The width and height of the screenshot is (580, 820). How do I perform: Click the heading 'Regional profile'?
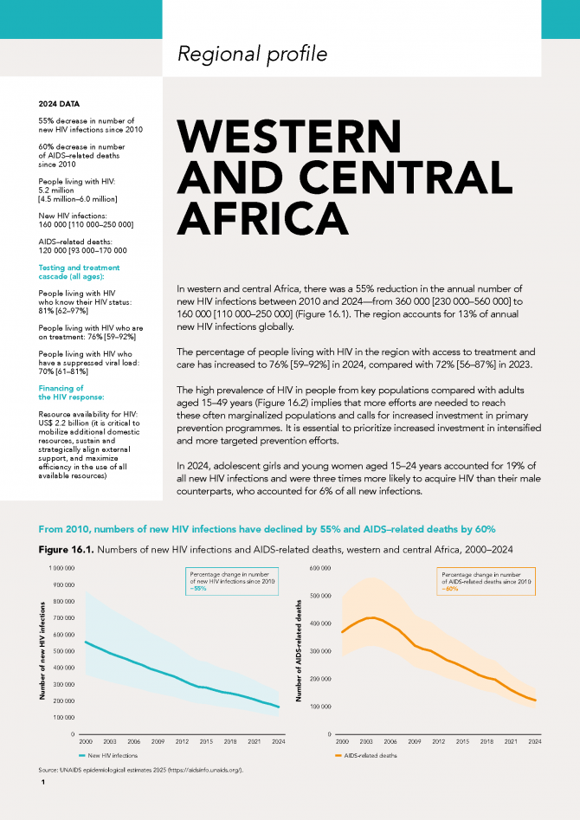[x=252, y=54]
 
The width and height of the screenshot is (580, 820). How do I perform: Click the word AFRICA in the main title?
[x=262, y=218]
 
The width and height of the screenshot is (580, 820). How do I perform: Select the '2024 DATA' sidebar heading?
[x=59, y=104]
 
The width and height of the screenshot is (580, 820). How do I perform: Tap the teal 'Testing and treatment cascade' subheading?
[x=79, y=272]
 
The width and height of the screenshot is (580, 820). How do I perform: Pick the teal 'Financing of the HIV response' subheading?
[x=71, y=392]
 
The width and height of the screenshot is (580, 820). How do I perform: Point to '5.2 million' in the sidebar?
[x=56, y=190]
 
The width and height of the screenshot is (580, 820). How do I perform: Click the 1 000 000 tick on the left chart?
[x=62, y=568]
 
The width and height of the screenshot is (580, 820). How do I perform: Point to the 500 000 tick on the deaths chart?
[x=322, y=596]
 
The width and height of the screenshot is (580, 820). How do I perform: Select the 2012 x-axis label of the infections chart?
[x=182, y=741]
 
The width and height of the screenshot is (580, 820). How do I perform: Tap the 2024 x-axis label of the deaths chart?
[x=534, y=741]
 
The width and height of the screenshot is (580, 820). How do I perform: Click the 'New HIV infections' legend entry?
[x=108, y=756]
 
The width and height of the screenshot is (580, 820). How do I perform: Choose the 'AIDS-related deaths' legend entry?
[x=365, y=756]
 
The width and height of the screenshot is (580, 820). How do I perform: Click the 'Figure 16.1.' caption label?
[x=67, y=550]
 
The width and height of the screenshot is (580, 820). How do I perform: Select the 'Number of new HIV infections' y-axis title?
[x=42, y=651]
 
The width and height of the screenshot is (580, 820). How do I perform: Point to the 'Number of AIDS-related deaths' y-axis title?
[x=300, y=650]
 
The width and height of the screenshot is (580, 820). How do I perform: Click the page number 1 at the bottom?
[x=43, y=783]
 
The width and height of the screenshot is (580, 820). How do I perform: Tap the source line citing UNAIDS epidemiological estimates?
[x=141, y=771]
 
